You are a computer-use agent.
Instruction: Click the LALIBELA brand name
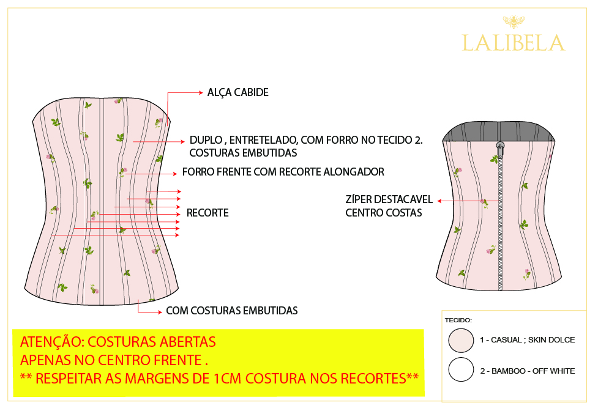[x=513, y=43]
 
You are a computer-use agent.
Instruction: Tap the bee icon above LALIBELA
[x=512, y=22]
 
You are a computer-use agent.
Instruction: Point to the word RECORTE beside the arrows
[x=207, y=213]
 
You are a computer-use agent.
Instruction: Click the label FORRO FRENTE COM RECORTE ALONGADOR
[x=283, y=172]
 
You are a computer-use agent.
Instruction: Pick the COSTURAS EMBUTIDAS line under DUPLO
[x=243, y=153]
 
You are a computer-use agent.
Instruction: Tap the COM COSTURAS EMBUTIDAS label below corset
[x=232, y=311]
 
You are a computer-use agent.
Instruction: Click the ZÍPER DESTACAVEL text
[x=389, y=200]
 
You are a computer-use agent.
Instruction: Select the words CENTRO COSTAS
[x=384, y=213]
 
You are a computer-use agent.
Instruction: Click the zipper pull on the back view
[x=500, y=146]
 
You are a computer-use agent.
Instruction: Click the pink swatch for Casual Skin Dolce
[x=461, y=340]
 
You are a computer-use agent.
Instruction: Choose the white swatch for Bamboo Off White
[x=461, y=370]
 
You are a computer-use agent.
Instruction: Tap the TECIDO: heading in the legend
[x=458, y=320]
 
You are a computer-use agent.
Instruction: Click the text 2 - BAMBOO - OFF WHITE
[x=527, y=371]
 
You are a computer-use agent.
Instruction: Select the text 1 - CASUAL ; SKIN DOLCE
[x=527, y=340]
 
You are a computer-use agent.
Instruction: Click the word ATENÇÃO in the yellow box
[x=49, y=341]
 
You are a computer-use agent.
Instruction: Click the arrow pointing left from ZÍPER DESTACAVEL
[x=440, y=201]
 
